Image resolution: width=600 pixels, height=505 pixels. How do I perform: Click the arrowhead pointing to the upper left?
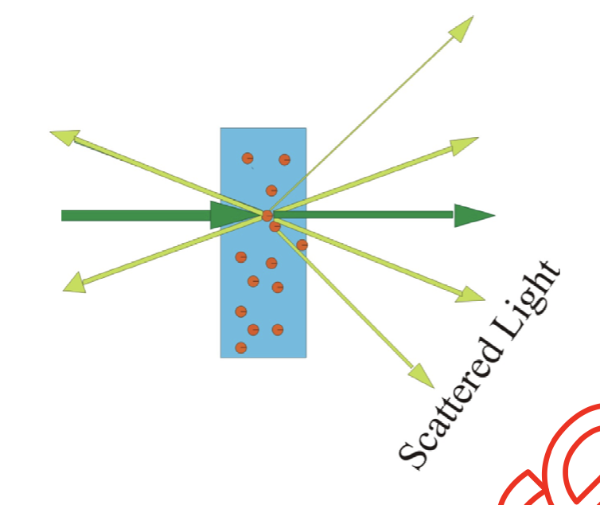[63, 136]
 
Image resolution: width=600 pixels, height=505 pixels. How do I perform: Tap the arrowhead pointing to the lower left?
[74, 281]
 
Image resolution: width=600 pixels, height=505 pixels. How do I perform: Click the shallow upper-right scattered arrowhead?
[464, 145]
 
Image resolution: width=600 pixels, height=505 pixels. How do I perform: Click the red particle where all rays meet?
[267, 215]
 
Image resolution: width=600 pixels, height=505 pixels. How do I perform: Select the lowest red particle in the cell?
[241, 347]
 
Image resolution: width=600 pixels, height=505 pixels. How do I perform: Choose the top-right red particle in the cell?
[284, 160]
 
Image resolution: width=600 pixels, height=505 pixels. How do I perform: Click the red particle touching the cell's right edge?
[302, 245]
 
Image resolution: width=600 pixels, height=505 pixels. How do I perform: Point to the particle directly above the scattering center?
[271, 190]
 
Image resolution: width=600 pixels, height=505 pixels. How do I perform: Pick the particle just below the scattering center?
[275, 227]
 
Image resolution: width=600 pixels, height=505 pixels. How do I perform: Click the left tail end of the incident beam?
[64, 215]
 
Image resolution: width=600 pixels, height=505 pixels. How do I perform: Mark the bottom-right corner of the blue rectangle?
[306, 356]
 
